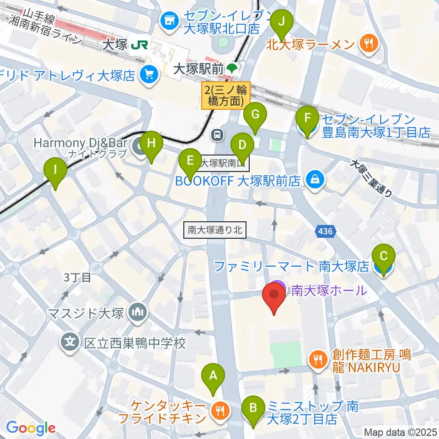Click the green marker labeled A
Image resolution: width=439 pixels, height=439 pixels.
click(x=213, y=377)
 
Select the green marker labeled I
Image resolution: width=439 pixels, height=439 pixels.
click(x=55, y=171)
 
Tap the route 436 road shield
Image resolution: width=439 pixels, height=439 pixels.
click(x=325, y=232)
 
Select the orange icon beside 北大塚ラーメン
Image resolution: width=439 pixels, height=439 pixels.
click(x=367, y=44)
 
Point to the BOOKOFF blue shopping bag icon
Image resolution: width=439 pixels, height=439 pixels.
click(x=315, y=179)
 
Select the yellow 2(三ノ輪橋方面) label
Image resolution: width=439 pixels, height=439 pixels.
click(x=226, y=95)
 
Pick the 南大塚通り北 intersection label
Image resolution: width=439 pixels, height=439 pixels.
click(x=215, y=230)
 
